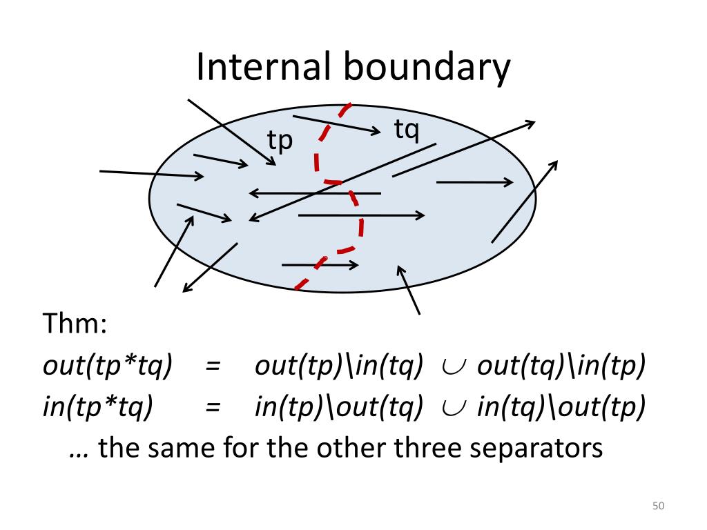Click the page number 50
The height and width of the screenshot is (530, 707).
(657, 507)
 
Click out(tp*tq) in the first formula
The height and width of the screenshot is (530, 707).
(107, 366)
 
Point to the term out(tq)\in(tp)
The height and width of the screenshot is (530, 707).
(561, 366)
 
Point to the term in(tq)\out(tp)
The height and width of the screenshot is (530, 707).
(561, 408)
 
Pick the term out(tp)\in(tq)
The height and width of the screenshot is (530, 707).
(338, 366)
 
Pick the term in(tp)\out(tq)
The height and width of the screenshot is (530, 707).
(338, 408)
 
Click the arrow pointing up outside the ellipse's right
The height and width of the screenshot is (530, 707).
(525, 200)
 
